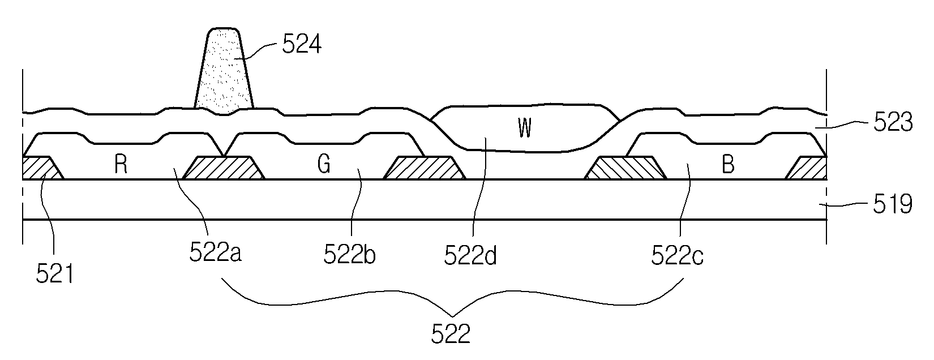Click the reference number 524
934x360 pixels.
[301, 44]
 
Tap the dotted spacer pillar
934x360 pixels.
[224, 71]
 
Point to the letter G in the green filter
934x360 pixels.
[324, 165]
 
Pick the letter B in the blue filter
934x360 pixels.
[729, 165]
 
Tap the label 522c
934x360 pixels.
[677, 255]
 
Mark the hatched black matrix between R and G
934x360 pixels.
[223, 168]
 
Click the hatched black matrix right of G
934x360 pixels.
[424, 168]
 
